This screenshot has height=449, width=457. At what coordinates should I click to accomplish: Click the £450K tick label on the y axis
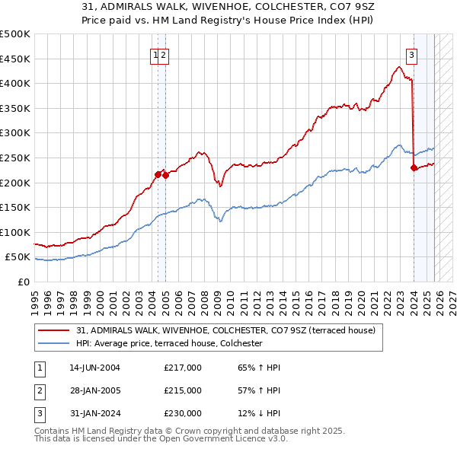click(15, 59)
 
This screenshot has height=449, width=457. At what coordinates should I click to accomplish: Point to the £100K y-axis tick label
click(15, 232)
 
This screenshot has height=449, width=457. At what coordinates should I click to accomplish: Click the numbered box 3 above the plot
click(411, 54)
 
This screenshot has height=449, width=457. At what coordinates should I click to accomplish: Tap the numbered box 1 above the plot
click(155, 54)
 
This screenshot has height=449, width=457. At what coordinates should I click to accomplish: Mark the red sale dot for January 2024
click(414, 168)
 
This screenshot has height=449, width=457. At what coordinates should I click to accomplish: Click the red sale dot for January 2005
click(166, 175)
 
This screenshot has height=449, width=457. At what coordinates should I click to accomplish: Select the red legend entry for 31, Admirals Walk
click(225, 330)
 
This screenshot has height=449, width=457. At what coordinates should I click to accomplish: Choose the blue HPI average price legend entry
click(169, 344)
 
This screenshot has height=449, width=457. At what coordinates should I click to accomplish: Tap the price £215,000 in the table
click(183, 390)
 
